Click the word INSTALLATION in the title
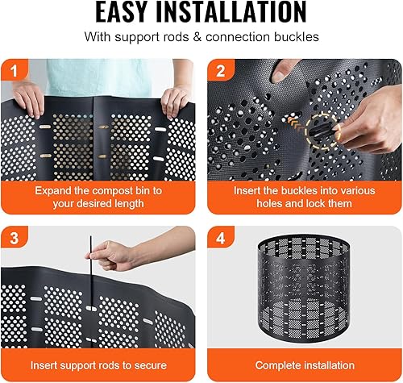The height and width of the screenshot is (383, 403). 239,14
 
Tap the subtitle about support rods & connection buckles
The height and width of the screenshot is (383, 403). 201,37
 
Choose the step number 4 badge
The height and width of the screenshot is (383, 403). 220,239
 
